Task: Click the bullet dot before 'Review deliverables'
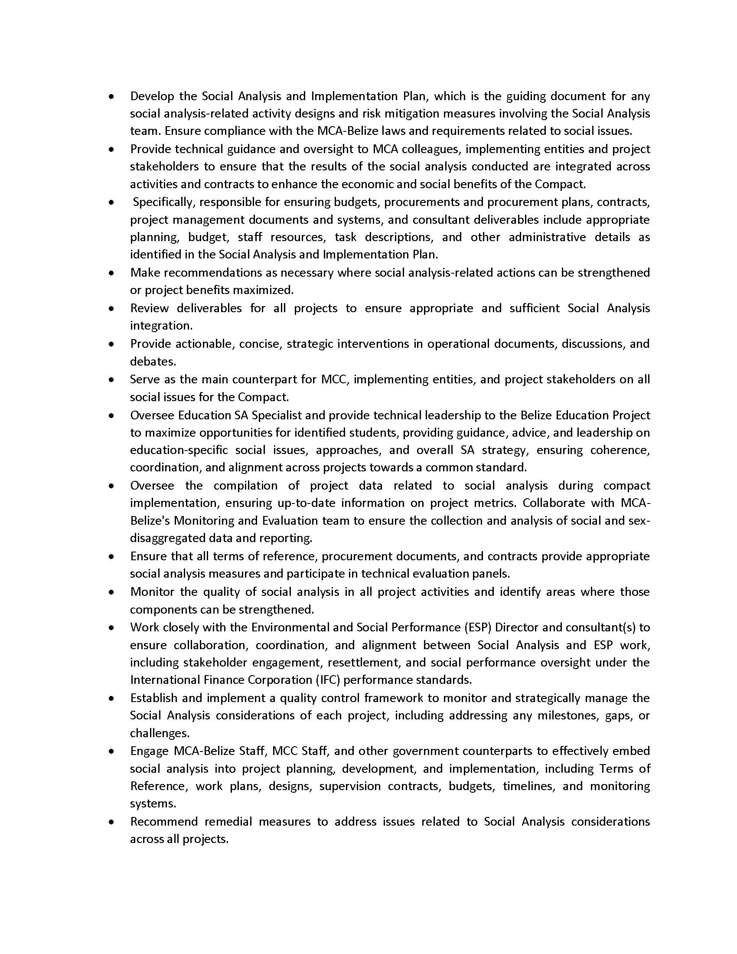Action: coord(112,308)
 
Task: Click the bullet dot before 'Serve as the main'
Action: coord(112,379)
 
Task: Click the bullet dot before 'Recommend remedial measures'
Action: coord(112,822)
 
